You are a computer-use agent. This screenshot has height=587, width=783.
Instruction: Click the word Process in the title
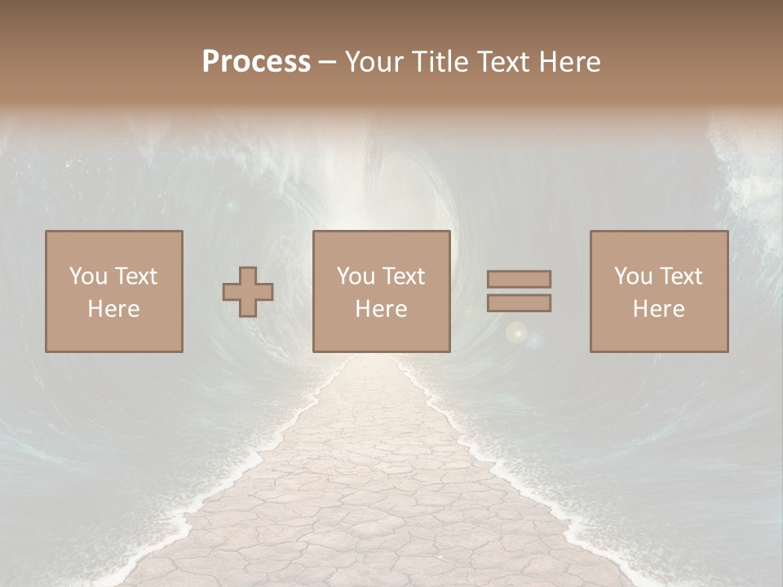pyautogui.click(x=256, y=62)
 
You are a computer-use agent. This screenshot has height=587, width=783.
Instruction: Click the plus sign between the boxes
pyautogui.click(x=248, y=292)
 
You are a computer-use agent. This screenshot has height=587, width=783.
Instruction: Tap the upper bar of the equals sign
pyautogui.click(x=519, y=279)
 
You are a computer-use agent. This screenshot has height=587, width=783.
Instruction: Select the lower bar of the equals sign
pyautogui.click(x=519, y=302)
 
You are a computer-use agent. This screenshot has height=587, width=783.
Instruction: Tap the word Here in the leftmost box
pyautogui.click(x=114, y=309)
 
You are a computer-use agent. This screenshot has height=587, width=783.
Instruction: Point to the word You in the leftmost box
pyautogui.click(x=87, y=276)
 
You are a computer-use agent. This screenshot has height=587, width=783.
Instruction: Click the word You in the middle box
pyautogui.click(x=355, y=276)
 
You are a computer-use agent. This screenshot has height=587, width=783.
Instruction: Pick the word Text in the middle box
pyautogui.click(x=403, y=276)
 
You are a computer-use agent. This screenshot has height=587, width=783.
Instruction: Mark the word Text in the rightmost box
pyautogui.click(x=680, y=276)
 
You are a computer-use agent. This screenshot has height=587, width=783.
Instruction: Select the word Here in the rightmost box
pyautogui.click(x=659, y=309)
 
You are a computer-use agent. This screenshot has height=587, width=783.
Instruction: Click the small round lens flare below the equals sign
pyautogui.click(x=515, y=333)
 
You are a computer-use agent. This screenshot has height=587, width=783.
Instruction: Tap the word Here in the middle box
pyautogui.click(x=382, y=309)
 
